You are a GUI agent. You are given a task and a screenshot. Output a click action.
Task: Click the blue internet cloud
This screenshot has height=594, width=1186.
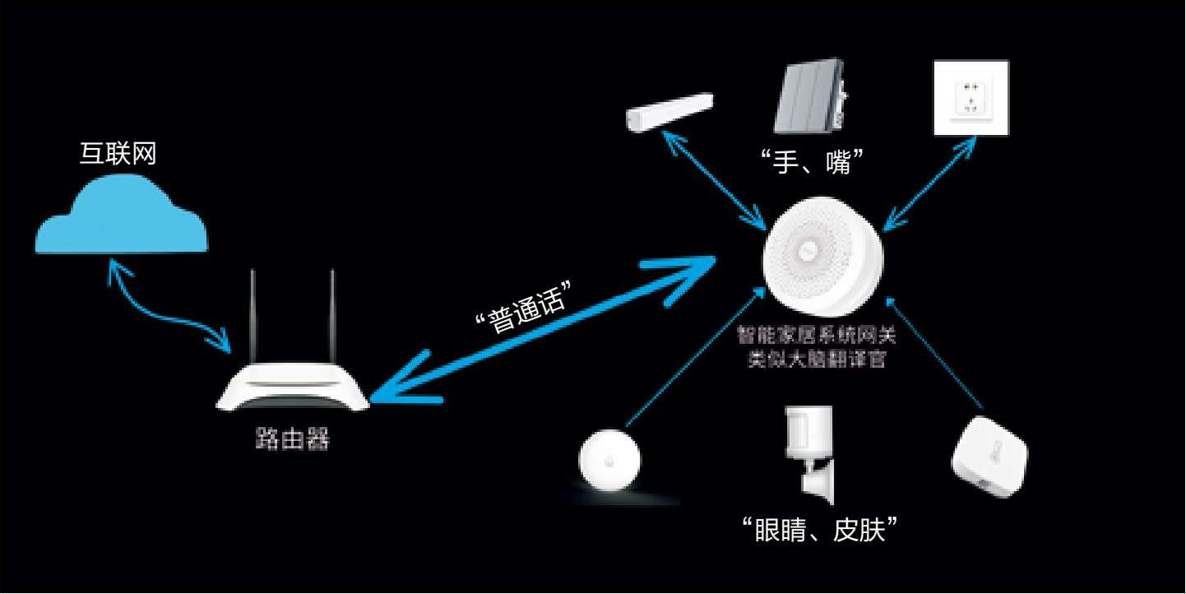pyautogui.click(x=121, y=218)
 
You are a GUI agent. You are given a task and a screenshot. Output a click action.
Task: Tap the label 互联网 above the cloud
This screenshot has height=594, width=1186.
pyautogui.click(x=118, y=153)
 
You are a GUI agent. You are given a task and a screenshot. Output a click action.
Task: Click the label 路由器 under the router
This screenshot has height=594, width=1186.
pyautogui.click(x=292, y=439)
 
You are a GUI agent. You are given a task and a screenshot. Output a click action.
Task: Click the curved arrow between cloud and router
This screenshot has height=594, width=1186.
pyautogui.click(x=169, y=309)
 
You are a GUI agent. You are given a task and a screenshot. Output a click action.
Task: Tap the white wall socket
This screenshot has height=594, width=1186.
pyautogui.click(x=971, y=97)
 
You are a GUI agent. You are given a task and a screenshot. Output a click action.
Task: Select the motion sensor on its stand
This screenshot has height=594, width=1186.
pyautogui.click(x=809, y=452)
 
